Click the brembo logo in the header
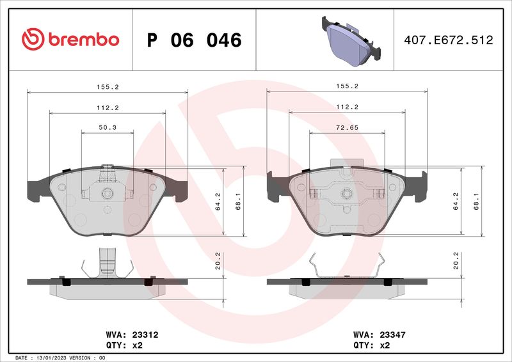70,40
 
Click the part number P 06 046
194,40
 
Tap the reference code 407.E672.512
448,40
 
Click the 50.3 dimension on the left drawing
107,127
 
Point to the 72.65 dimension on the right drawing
346,127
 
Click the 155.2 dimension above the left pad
107,86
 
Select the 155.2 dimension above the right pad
346,86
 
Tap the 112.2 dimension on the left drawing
107,107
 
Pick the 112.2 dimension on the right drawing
346,107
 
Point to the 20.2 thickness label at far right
456,262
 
